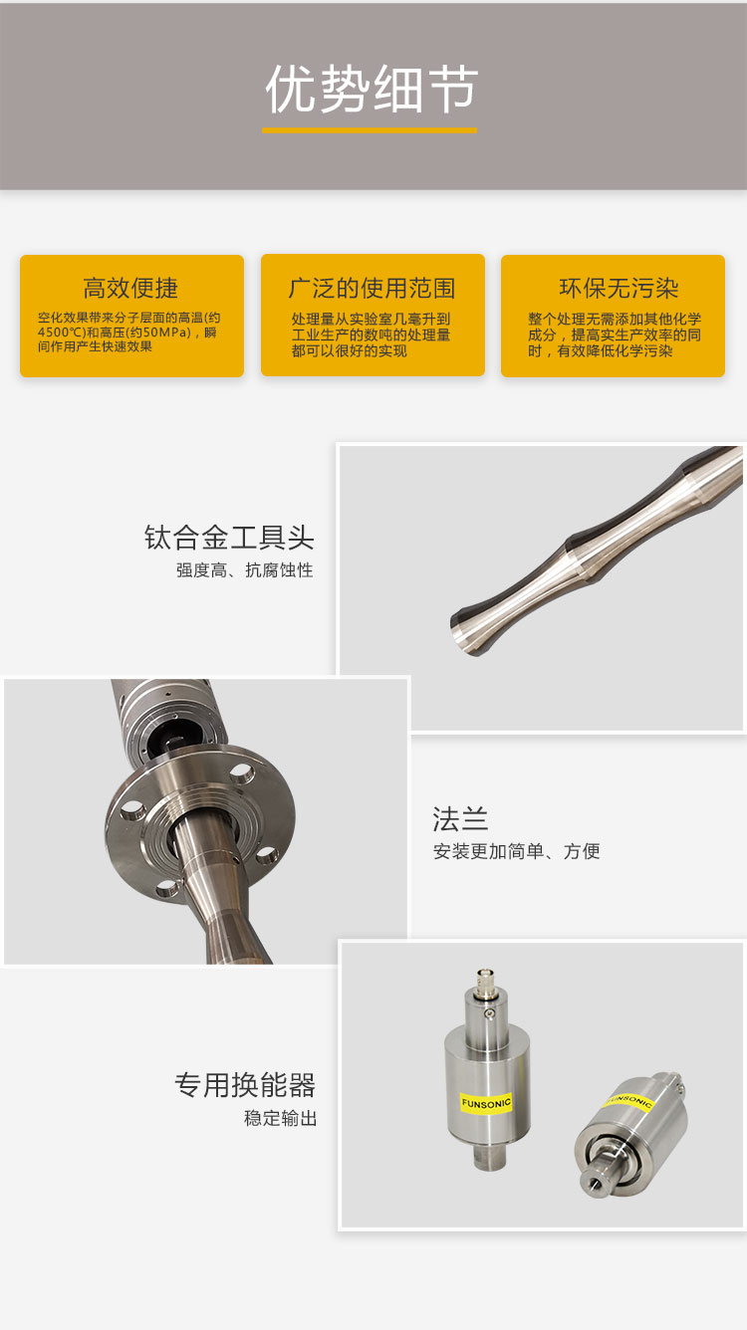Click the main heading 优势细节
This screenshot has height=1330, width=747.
click(x=372, y=89)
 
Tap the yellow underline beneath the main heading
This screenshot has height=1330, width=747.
click(x=370, y=130)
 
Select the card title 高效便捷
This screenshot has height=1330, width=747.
click(x=130, y=288)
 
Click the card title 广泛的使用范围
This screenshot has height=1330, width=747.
click(x=373, y=288)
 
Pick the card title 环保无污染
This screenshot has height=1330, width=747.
click(x=619, y=288)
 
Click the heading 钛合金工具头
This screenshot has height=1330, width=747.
click(x=229, y=538)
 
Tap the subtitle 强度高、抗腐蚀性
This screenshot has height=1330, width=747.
click(x=244, y=570)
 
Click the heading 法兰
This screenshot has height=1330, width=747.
click(x=460, y=819)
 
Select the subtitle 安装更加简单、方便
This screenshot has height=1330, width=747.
click(x=516, y=851)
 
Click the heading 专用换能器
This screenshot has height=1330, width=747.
click(x=245, y=1085)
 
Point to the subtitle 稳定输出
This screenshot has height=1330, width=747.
click(x=281, y=1119)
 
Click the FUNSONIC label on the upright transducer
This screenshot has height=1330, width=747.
click(x=486, y=1104)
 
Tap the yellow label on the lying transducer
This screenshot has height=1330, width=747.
click(x=629, y=1103)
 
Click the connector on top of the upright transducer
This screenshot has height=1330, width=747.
click(x=485, y=982)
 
